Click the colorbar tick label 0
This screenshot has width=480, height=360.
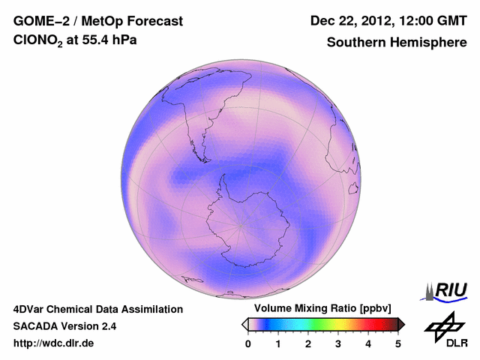click(x=248, y=343)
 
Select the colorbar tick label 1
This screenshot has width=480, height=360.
click(x=278, y=343)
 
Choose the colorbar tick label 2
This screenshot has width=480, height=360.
click(x=308, y=343)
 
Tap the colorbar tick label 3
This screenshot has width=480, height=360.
click(x=338, y=343)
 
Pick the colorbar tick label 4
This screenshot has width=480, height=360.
click(x=368, y=343)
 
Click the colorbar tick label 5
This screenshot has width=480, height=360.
click(x=398, y=343)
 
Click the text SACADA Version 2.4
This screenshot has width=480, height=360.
click(x=64, y=326)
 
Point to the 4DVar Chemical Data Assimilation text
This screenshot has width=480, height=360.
click(x=97, y=309)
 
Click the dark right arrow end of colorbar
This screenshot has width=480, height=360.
click(x=402, y=324)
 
